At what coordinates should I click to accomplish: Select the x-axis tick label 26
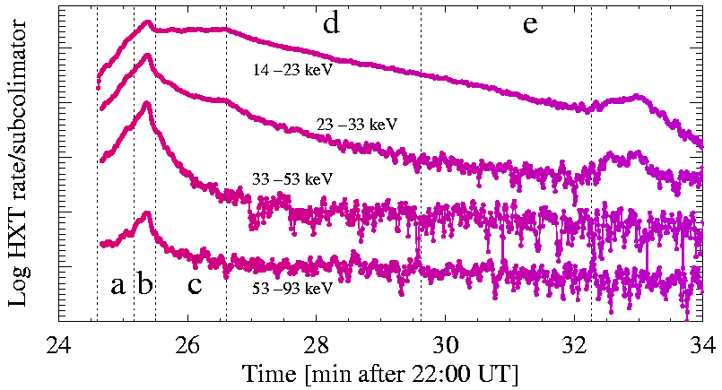pos(187,344)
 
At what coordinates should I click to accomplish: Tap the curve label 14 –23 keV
pos(293,68)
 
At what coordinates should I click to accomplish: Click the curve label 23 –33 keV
pos(356,124)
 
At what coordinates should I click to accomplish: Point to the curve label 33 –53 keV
pos(293,178)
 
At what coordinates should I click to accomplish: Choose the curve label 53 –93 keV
pos(293,289)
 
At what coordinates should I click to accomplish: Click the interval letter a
pos(117,286)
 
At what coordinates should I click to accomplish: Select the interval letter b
pos(144,285)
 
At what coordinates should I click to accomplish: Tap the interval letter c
pos(195,287)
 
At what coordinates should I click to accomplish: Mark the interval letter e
pos(530,25)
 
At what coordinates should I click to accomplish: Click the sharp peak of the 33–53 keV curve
pos(147,103)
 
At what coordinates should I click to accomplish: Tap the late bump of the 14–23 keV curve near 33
pos(637,96)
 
